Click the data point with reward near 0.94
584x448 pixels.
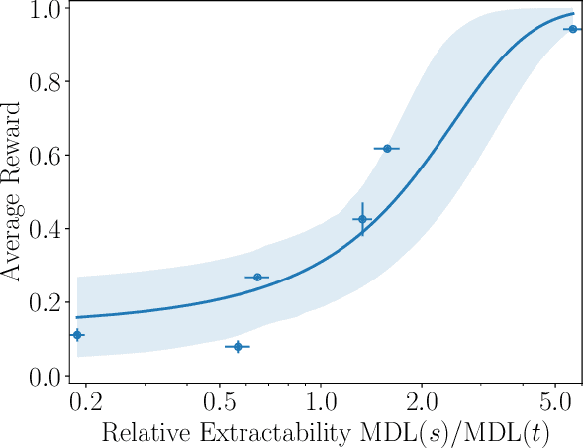(x=571, y=29)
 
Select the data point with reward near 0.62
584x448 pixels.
(x=387, y=148)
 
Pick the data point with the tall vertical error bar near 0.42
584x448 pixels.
(x=362, y=219)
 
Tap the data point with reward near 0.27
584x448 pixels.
(x=257, y=277)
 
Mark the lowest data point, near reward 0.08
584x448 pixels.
(x=238, y=346)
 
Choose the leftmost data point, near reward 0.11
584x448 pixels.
(x=77, y=335)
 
